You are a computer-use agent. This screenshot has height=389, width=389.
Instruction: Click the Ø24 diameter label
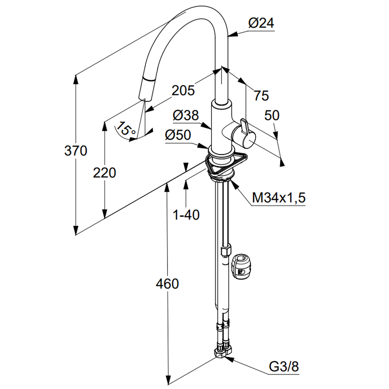point(261,23)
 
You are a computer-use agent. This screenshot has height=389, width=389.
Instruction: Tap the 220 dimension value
point(104,172)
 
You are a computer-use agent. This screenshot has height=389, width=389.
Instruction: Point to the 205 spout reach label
point(183,91)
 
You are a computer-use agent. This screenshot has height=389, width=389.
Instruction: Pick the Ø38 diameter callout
point(186,116)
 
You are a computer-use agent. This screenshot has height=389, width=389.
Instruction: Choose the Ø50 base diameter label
point(178,135)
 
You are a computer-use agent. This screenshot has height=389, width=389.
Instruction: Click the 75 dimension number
point(261,95)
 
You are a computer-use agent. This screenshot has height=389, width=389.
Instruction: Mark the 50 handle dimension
point(272,115)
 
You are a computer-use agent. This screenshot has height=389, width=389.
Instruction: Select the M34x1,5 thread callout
point(279,198)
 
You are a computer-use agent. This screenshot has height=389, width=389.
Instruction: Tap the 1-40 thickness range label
point(186,214)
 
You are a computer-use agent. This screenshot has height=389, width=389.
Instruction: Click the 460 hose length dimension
point(167,284)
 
